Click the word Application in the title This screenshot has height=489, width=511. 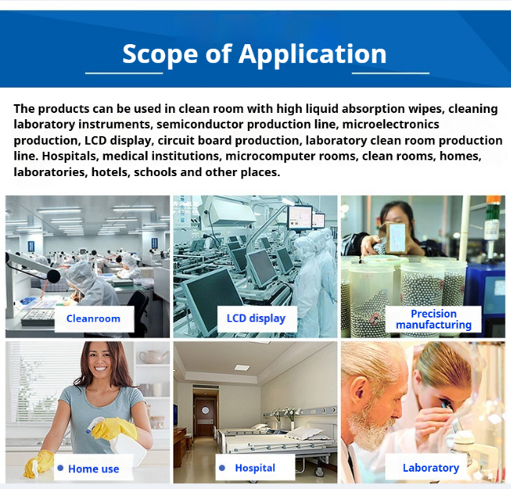(x=313, y=55)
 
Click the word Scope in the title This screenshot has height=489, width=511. (x=160, y=54)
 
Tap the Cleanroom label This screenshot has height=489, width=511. (x=93, y=318)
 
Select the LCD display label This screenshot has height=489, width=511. (x=256, y=318)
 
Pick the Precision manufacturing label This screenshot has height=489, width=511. (x=434, y=319)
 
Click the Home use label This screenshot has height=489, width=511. (x=93, y=468)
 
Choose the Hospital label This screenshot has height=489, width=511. (x=255, y=468)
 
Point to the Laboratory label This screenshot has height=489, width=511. (x=430, y=468)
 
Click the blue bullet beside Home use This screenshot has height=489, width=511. (x=60, y=468)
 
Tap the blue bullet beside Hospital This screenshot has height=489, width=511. (x=222, y=468)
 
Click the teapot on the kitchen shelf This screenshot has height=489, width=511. (x=153, y=356)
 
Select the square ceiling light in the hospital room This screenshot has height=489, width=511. (x=242, y=367)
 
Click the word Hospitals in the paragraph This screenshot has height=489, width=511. (x=70, y=156)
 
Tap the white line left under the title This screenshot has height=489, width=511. (x=124, y=73)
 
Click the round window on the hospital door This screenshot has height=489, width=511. (x=205, y=411)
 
